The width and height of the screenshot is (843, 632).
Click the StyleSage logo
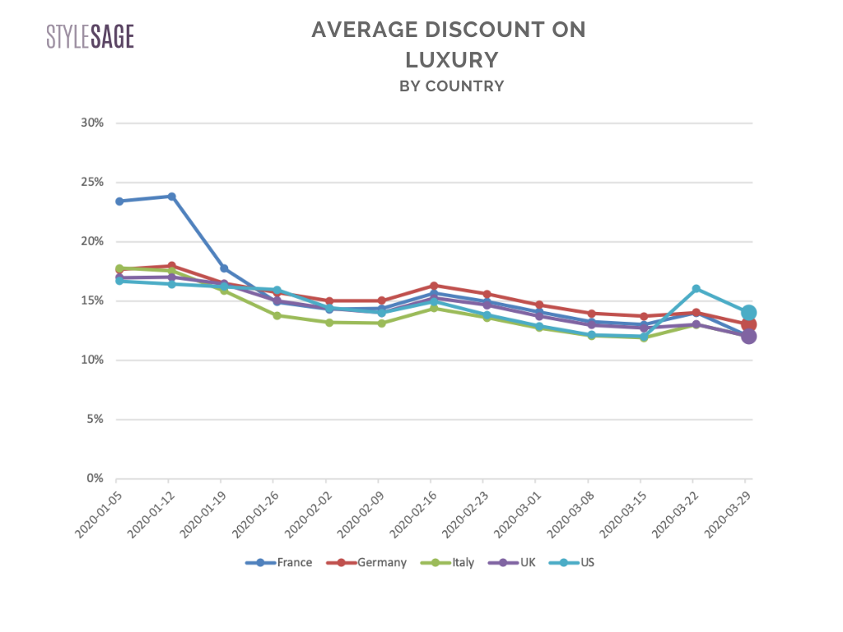coord(90,36)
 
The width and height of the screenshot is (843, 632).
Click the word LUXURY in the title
coord(451,59)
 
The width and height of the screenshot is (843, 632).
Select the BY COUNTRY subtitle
coord(451,86)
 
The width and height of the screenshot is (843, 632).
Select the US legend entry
coord(576,563)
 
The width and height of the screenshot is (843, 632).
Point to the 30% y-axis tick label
coord(92,123)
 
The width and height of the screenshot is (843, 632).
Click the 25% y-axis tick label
coord(92,182)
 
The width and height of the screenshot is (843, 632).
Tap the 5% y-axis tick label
coord(95,419)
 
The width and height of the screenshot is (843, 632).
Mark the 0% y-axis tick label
coord(95,478)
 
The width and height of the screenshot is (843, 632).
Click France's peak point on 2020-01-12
coord(171,196)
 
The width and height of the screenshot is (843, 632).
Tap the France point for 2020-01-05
coord(119,201)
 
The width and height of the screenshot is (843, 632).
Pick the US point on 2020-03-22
coord(696,289)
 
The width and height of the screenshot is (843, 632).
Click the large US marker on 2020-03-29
coord(748,313)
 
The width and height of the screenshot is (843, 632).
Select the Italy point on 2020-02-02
coord(328,323)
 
